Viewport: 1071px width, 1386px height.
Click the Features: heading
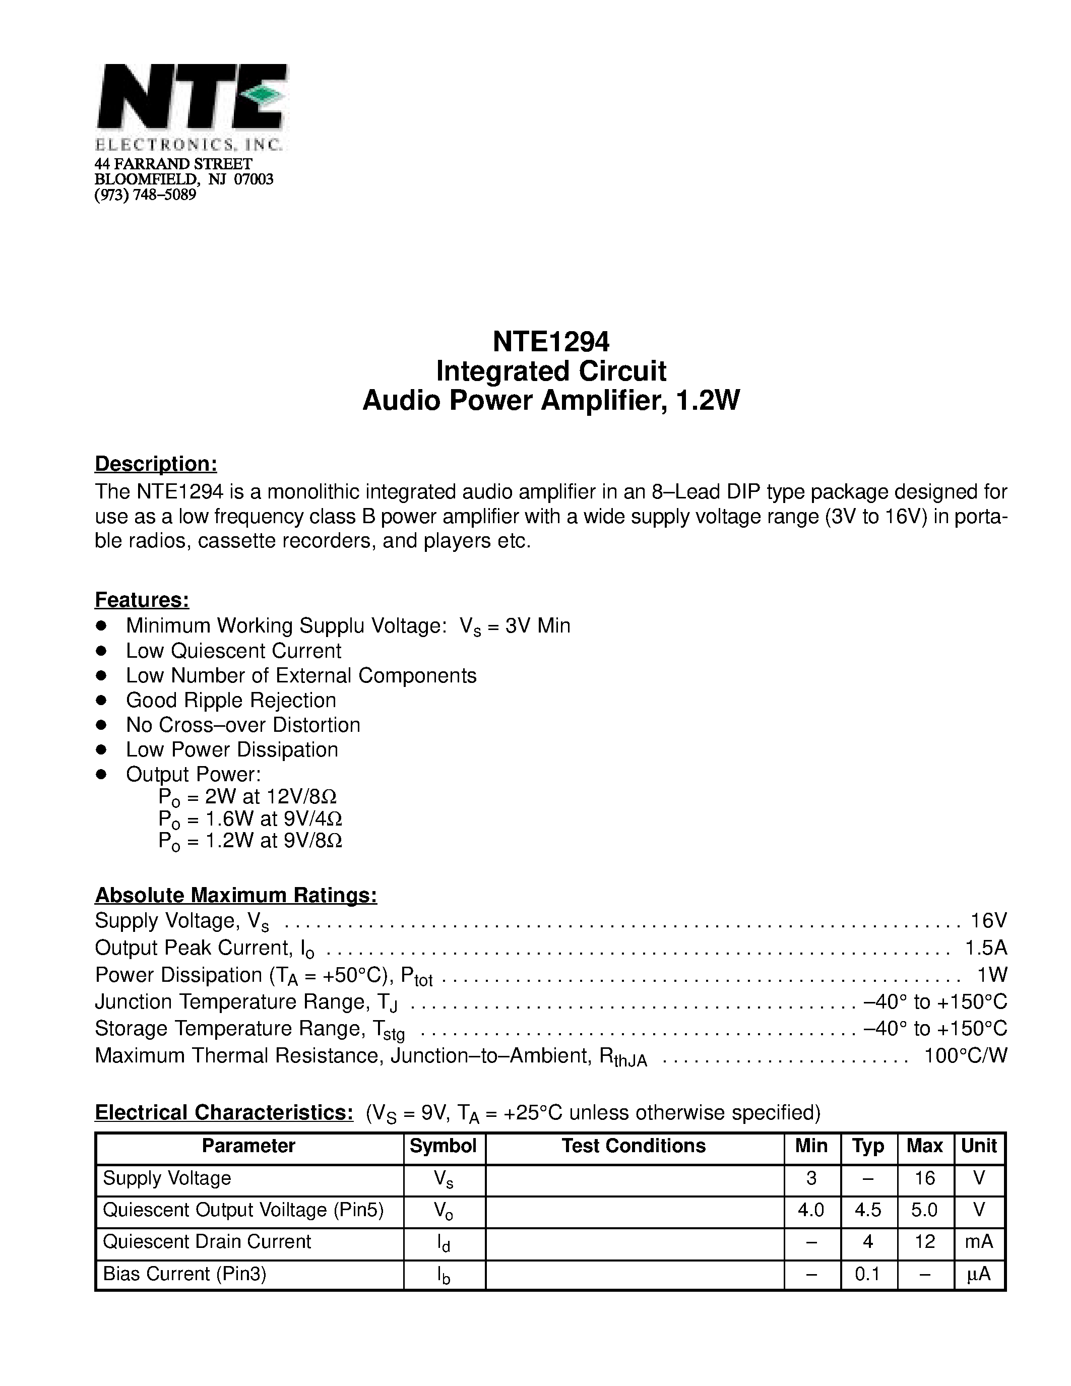(142, 599)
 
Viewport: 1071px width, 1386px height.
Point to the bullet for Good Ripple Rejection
(101, 700)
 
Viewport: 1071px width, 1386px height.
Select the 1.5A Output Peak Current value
(985, 948)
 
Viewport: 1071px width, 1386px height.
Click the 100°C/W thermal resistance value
(965, 1055)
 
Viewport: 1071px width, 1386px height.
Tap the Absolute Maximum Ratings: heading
(235, 895)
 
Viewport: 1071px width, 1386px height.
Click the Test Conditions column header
(633, 1146)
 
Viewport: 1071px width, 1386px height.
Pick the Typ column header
(867, 1146)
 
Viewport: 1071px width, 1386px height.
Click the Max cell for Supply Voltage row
(924, 1178)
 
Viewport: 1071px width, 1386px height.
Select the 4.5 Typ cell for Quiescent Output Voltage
(867, 1210)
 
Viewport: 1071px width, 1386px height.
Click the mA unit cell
(978, 1241)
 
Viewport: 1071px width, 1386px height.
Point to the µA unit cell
(978, 1274)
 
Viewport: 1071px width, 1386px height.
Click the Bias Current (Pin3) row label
(184, 1274)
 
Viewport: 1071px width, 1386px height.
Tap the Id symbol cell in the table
(444, 1242)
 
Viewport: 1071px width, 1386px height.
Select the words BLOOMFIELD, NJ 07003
(183, 179)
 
